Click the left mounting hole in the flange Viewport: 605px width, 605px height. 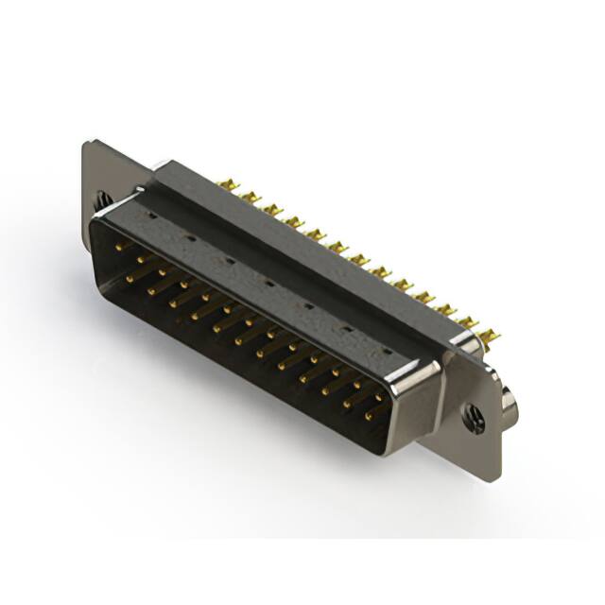click(x=102, y=199)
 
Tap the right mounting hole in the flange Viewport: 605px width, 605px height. click(x=473, y=416)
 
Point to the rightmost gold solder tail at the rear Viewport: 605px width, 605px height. click(x=489, y=335)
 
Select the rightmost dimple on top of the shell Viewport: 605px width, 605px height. click(x=386, y=353)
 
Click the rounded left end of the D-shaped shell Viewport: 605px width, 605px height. click(x=95, y=236)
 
